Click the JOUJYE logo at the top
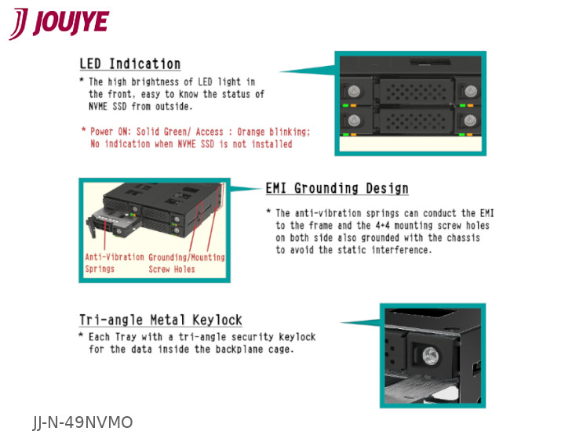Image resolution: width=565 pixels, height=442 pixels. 59,24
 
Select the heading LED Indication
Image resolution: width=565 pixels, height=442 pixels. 129,64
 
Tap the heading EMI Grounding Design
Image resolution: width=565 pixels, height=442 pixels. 337,189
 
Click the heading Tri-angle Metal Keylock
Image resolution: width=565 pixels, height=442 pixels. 161,320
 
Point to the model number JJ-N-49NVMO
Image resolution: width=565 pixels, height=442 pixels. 82,422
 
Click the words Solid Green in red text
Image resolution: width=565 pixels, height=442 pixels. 162,132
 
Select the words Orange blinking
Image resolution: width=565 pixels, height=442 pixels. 273,132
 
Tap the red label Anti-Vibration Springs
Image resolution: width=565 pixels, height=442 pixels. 115,263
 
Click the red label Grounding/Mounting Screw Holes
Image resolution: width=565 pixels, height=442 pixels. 187,263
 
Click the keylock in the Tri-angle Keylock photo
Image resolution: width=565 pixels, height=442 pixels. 430,357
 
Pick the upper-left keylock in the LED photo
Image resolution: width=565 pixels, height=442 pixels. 353,91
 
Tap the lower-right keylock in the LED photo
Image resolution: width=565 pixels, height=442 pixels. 470,121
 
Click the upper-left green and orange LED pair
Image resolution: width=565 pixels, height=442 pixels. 348,106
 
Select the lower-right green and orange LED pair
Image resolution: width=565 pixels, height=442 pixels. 466,135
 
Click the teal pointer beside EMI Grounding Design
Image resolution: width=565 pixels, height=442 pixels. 246,188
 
